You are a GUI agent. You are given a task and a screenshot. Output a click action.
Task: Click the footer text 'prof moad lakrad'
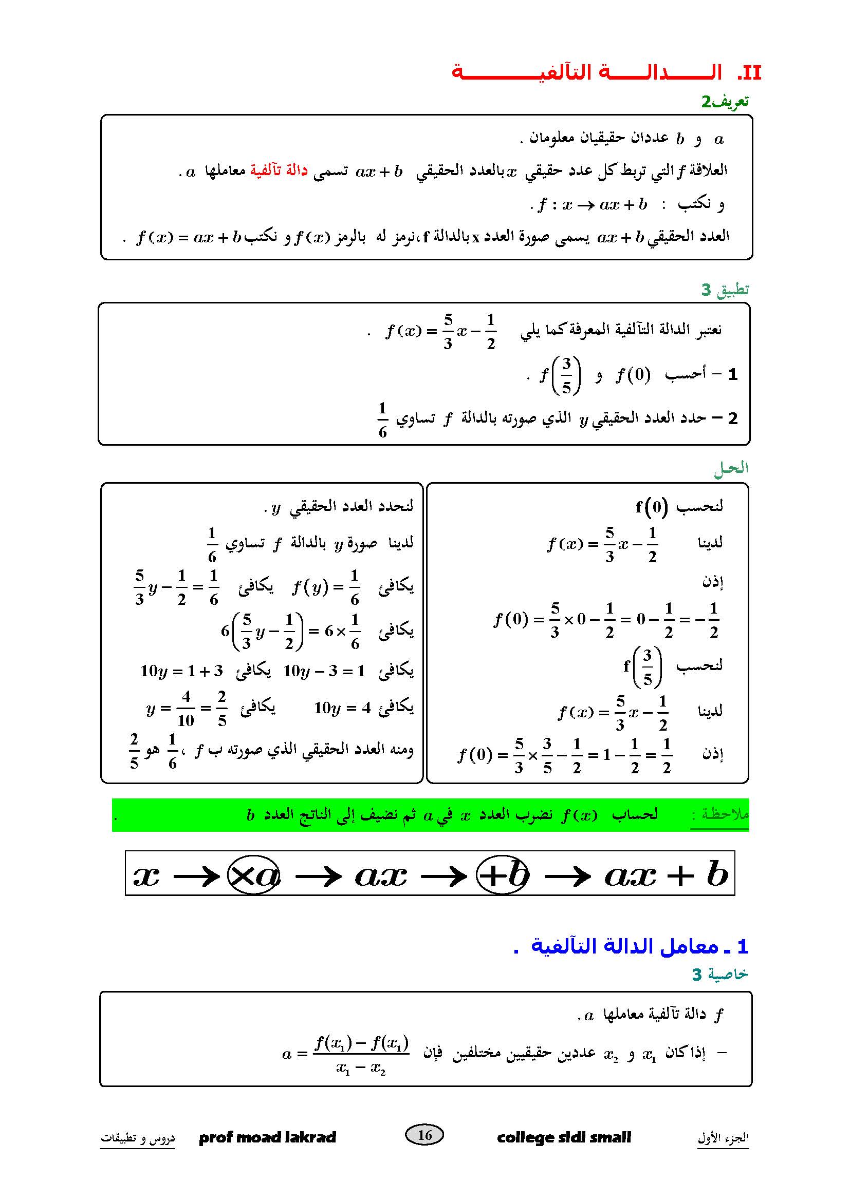(x=267, y=1137)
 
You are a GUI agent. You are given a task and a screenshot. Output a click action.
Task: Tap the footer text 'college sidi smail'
(x=564, y=1137)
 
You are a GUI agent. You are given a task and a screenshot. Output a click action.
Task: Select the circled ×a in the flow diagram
(x=254, y=875)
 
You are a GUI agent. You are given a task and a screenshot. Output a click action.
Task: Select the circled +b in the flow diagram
(x=503, y=874)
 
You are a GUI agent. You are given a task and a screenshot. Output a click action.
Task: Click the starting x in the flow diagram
(x=146, y=875)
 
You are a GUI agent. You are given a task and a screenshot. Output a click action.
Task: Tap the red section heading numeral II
(x=749, y=73)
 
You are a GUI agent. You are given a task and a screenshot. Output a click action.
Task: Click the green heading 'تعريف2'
(x=725, y=101)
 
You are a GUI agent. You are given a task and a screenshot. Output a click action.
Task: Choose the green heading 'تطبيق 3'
(x=725, y=289)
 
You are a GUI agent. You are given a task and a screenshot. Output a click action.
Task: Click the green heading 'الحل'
(x=731, y=468)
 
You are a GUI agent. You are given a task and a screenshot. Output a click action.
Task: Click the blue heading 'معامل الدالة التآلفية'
(x=617, y=946)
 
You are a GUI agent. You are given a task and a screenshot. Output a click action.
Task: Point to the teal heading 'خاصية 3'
(x=719, y=974)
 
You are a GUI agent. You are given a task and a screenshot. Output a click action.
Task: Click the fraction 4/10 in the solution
(x=186, y=709)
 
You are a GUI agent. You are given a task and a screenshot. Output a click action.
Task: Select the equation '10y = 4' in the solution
(x=342, y=708)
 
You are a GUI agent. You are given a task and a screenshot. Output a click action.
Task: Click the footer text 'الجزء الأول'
(x=723, y=1138)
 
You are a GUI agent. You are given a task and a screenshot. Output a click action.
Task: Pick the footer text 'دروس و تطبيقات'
(x=138, y=1138)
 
